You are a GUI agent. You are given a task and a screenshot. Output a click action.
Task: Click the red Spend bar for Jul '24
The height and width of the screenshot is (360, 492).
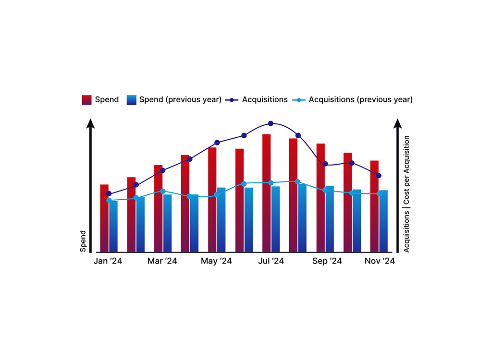[266, 192]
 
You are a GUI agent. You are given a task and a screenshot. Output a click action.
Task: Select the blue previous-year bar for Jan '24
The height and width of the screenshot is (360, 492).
[113, 226]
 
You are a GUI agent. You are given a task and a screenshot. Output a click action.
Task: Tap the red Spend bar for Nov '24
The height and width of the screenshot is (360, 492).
[374, 206]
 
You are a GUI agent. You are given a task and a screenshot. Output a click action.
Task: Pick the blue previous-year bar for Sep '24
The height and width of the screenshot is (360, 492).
[330, 218]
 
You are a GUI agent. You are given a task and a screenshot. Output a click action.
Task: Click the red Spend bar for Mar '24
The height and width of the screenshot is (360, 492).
[158, 209]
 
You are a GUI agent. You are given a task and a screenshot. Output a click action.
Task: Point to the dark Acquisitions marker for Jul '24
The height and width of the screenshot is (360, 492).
[271, 123]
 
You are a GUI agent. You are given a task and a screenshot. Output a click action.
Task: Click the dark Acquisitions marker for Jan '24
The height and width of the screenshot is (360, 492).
[109, 194]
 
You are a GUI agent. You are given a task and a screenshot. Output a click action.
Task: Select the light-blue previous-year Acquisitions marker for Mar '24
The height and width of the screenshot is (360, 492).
[163, 191]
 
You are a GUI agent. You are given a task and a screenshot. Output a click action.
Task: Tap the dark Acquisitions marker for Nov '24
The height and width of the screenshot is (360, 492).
[379, 176]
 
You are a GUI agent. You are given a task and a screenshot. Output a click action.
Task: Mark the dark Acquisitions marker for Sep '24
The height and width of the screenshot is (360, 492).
[325, 164]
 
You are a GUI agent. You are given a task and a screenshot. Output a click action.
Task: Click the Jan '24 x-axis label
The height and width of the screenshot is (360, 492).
[108, 261]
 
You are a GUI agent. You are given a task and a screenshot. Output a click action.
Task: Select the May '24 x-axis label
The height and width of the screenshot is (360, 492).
[216, 261]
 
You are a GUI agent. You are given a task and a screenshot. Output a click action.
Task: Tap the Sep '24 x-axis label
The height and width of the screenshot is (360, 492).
[327, 261]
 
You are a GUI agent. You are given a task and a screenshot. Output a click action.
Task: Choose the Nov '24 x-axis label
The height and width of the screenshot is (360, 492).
[380, 261]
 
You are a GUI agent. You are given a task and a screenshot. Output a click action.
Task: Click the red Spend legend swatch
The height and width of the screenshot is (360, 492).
[86, 100]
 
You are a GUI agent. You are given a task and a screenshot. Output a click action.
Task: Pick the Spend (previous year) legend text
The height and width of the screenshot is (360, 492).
[180, 100]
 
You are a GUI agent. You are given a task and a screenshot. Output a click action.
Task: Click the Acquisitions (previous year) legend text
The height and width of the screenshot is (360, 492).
[360, 100]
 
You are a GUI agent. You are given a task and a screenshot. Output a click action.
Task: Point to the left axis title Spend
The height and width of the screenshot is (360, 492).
[83, 241]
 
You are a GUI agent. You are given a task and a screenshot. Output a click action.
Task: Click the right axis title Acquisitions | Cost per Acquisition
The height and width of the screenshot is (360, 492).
[406, 194]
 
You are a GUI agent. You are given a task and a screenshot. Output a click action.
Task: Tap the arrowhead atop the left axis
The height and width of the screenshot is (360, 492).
[90, 123]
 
